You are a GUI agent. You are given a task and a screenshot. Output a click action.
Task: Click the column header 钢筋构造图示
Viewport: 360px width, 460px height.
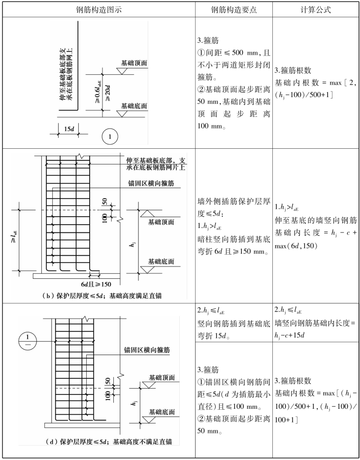tap(98, 9)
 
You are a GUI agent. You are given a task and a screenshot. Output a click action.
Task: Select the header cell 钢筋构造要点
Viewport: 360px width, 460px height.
tap(233, 9)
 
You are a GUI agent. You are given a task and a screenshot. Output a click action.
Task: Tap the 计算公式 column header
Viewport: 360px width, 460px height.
tap(315, 9)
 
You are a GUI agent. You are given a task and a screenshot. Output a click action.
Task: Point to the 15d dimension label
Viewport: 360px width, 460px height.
tap(68, 129)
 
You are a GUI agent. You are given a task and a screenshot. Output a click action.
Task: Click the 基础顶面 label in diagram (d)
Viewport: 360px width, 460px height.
tap(162, 378)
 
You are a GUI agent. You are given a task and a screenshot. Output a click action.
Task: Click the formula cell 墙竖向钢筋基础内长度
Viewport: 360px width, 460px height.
tap(316, 324)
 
